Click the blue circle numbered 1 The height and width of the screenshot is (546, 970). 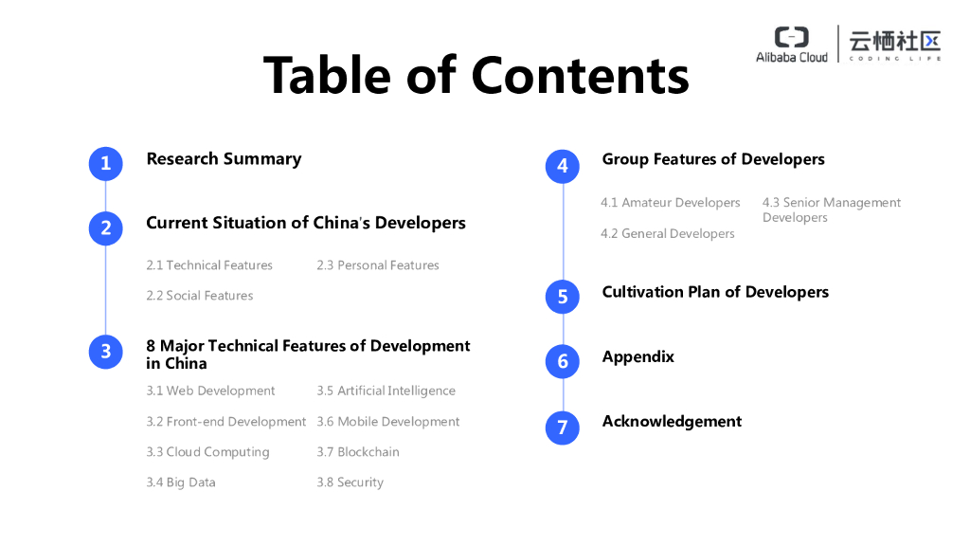[106, 163]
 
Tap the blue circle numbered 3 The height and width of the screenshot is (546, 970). [106, 352]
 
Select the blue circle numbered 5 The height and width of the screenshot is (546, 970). [563, 297]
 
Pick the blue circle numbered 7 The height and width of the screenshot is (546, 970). [563, 428]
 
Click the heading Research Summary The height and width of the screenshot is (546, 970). [224, 159]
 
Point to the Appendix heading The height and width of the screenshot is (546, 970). [638, 357]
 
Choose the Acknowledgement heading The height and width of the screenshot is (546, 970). [672, 422]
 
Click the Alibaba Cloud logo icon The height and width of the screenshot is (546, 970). [792, 37]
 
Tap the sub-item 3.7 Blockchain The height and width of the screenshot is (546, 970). [358, 452]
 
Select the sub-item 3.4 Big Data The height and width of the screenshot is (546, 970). [181, 482]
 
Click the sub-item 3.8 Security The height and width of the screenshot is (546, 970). [350, 482]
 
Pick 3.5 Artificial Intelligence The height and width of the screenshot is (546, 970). [386, 391]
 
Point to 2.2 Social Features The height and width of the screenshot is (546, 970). [200, 296]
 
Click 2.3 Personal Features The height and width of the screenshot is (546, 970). [378, 265]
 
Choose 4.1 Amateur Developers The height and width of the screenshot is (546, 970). [671, 203]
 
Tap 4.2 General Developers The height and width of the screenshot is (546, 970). [668, 234]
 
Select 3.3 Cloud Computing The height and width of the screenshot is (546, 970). [207, 452]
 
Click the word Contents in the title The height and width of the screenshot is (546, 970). [581, 74]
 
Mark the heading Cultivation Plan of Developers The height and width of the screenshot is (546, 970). [715, 292]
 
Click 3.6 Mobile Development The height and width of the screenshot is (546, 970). [388, 422]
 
